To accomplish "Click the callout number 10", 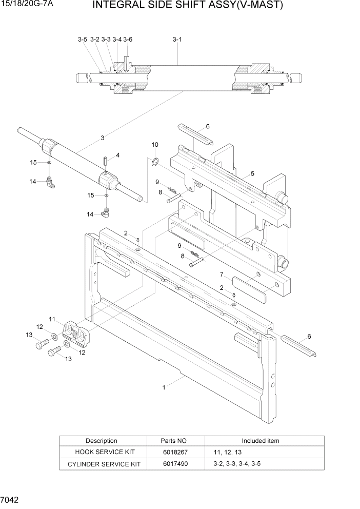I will [155, 145].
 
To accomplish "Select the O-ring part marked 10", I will [154, 163].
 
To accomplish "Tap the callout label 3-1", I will [177, 39].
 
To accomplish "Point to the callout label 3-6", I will [128, 39].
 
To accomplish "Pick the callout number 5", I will [252, 174].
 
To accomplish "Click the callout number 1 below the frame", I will [164, 387].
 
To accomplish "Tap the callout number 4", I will [117, 155].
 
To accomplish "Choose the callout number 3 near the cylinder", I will [103, 138].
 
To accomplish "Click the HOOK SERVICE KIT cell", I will [102, 452].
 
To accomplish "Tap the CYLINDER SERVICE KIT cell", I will [102, 464].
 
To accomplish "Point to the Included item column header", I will [261, 441].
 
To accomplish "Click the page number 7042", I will [10, 499].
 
